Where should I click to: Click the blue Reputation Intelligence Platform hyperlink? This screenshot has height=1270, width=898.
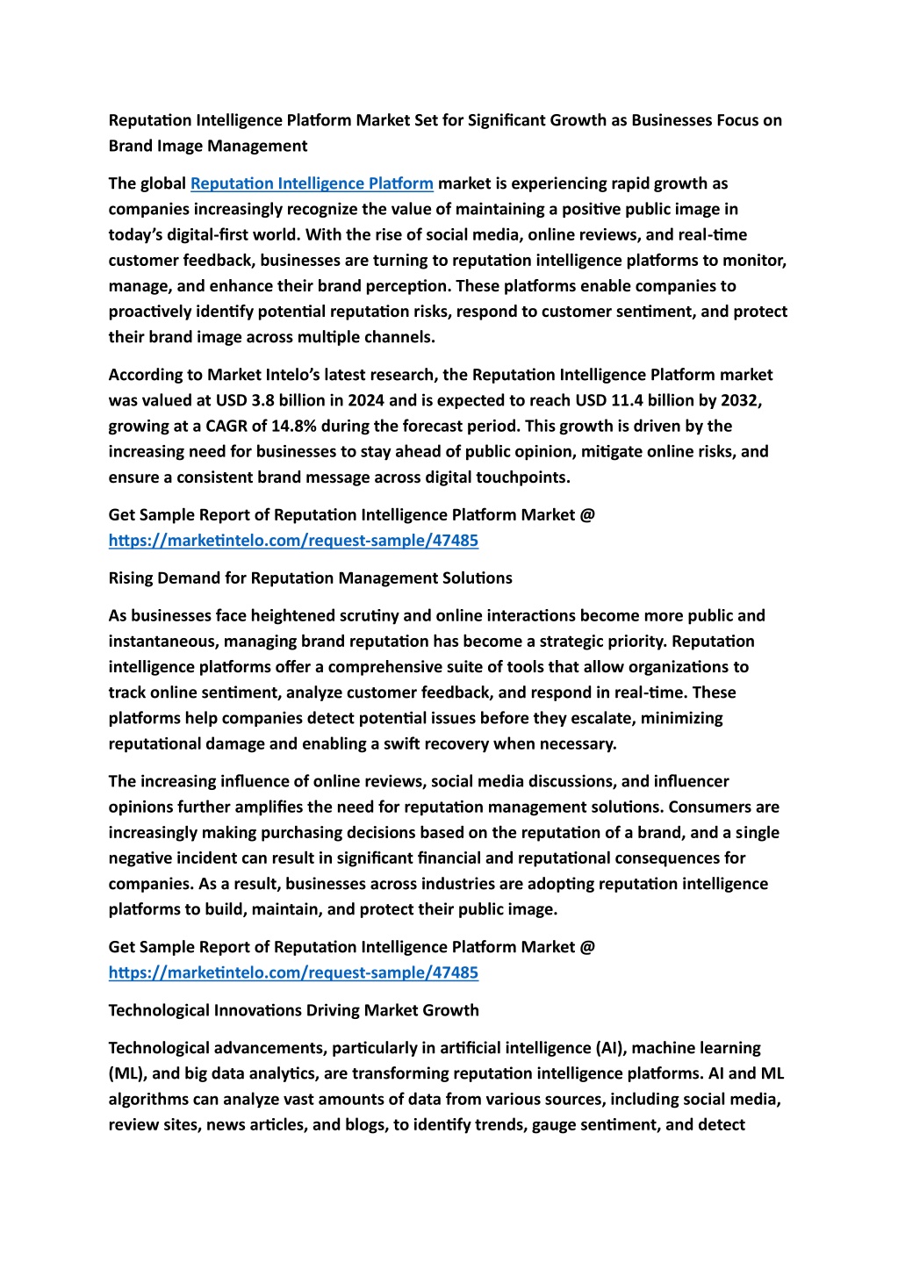coord(312,183)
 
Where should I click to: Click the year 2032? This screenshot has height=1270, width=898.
coord(741,400)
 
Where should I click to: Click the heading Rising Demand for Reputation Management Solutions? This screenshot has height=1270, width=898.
coord(310,578)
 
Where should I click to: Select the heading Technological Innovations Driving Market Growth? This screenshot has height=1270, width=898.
coord(293,1009)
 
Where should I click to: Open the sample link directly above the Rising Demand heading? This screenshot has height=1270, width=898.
coord(293,540)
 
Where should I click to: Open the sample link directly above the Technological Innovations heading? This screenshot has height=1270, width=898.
coord(293,972)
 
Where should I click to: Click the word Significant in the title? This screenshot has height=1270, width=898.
coord(506,120)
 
